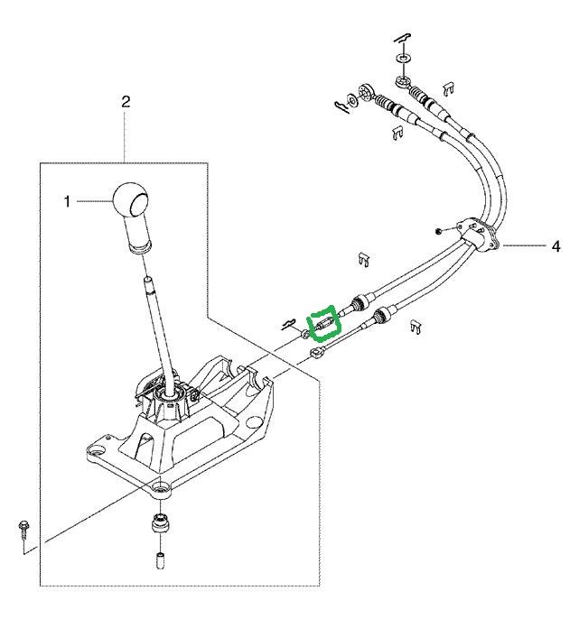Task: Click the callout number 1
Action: click(67, 201)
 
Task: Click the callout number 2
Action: click(126, 102)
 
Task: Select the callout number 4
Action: click(556, 246)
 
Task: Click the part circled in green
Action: click(325, 323)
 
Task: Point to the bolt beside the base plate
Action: click(23, 530)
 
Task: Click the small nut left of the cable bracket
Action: click(438, 231)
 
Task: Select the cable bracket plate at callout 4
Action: click(478, 235)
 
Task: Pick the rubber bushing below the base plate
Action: click(161, 522)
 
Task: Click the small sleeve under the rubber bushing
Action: click(161, 560)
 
